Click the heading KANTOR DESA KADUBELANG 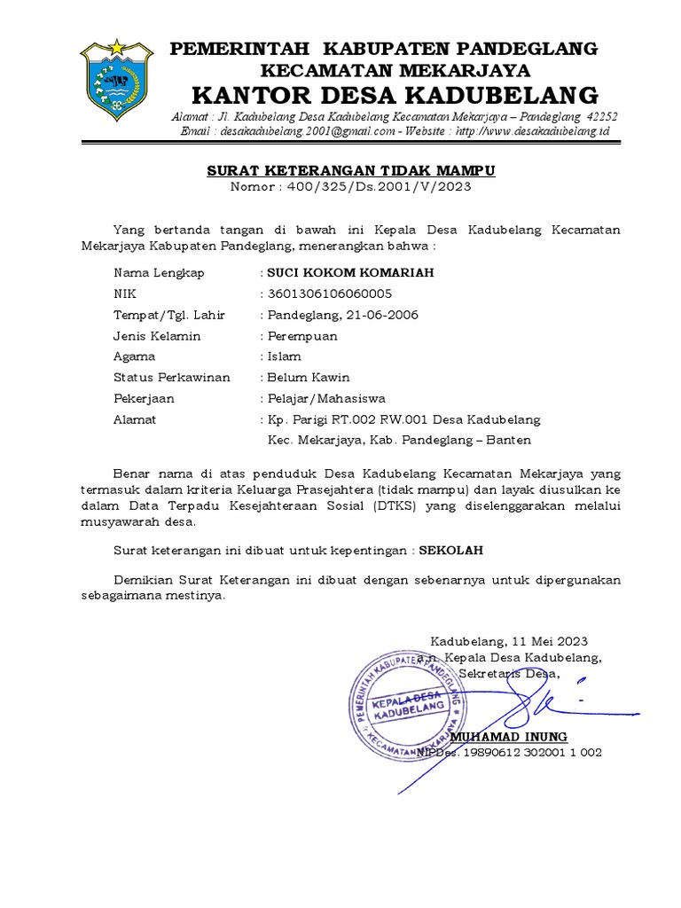(395, 94)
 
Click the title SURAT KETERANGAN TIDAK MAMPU (351, 170)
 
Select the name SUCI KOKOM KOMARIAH (351, 272)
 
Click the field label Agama (134, 356)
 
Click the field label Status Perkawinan (171, 378)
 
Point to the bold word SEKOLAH (450, 550)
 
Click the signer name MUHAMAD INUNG (508, 737)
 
